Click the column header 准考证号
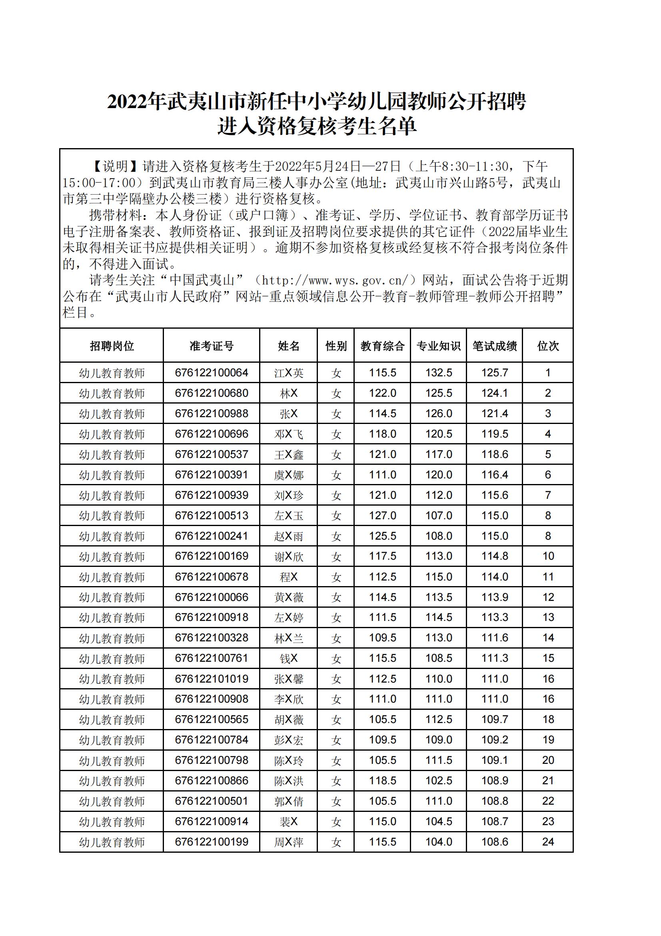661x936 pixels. click(x=212, y=346)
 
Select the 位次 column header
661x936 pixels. click(x=548, y=346)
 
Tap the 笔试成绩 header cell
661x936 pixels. click(x=494, y=346)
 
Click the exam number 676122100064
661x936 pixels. click(x=212, y=373)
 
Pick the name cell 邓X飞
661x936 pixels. click(x=288, y=434)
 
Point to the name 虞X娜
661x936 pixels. click(x=288, y=474)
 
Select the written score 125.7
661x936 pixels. click(x=494, y=373)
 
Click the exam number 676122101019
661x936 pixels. click(x=212, y=679)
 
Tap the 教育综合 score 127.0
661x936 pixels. click(x=382, y=515)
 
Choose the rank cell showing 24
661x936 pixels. click(x=548, y=842)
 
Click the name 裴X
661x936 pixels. click(x=288, y=822)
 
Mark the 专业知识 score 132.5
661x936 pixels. click(x=439, y=373)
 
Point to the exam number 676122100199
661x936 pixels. click(x=212, y=842)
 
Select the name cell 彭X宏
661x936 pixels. click(x=288, y=740)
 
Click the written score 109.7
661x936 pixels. click(x=494, y=719)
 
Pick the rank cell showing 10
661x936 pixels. click(x=548, y=556)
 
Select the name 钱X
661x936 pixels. click(x=288, y=659)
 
